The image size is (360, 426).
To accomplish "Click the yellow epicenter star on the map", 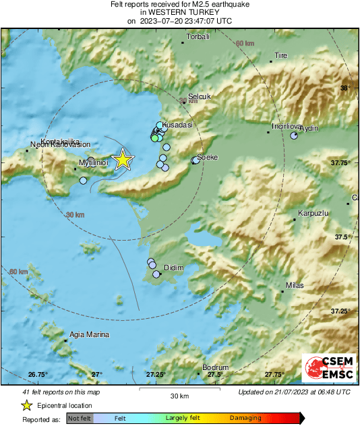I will [123, 159].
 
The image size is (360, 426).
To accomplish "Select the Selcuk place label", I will [200, 96].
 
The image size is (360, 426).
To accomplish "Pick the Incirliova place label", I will [284, 126].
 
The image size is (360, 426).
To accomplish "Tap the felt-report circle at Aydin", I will [294, 135].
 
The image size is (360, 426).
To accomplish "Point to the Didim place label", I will [174, 268].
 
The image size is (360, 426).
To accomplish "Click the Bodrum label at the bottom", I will [216, 367].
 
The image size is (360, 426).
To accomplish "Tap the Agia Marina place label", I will [89, 334].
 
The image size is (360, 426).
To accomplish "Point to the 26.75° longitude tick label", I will [38, 374].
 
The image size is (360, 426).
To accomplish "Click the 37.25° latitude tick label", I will [340, 311].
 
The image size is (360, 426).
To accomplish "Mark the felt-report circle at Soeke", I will [196, 160].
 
